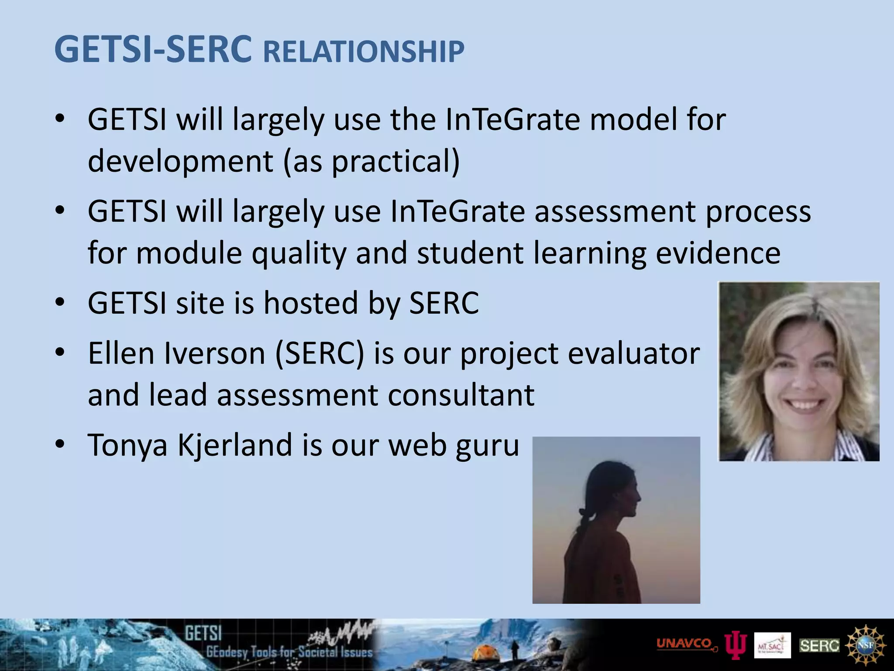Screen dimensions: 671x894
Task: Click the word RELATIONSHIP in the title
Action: pyautogui.click(x=364, y=52)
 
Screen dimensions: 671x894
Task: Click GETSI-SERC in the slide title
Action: pyautogui.click(x=153, y=49)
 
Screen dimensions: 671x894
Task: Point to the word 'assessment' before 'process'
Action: pyautogui.click(x=615, y=211)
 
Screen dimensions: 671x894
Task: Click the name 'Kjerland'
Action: pyautogui.click(x=234, y=445)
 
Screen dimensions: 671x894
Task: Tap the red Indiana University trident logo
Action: pyautogui.click(x=736, y=646)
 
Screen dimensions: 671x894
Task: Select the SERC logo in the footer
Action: pyautogui.click(x=819, y=646)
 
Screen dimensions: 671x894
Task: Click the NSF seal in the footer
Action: pyautogui.click(x=866, y=645)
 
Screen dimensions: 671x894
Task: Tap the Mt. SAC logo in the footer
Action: pyautogui.click(x=772, y=646)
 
